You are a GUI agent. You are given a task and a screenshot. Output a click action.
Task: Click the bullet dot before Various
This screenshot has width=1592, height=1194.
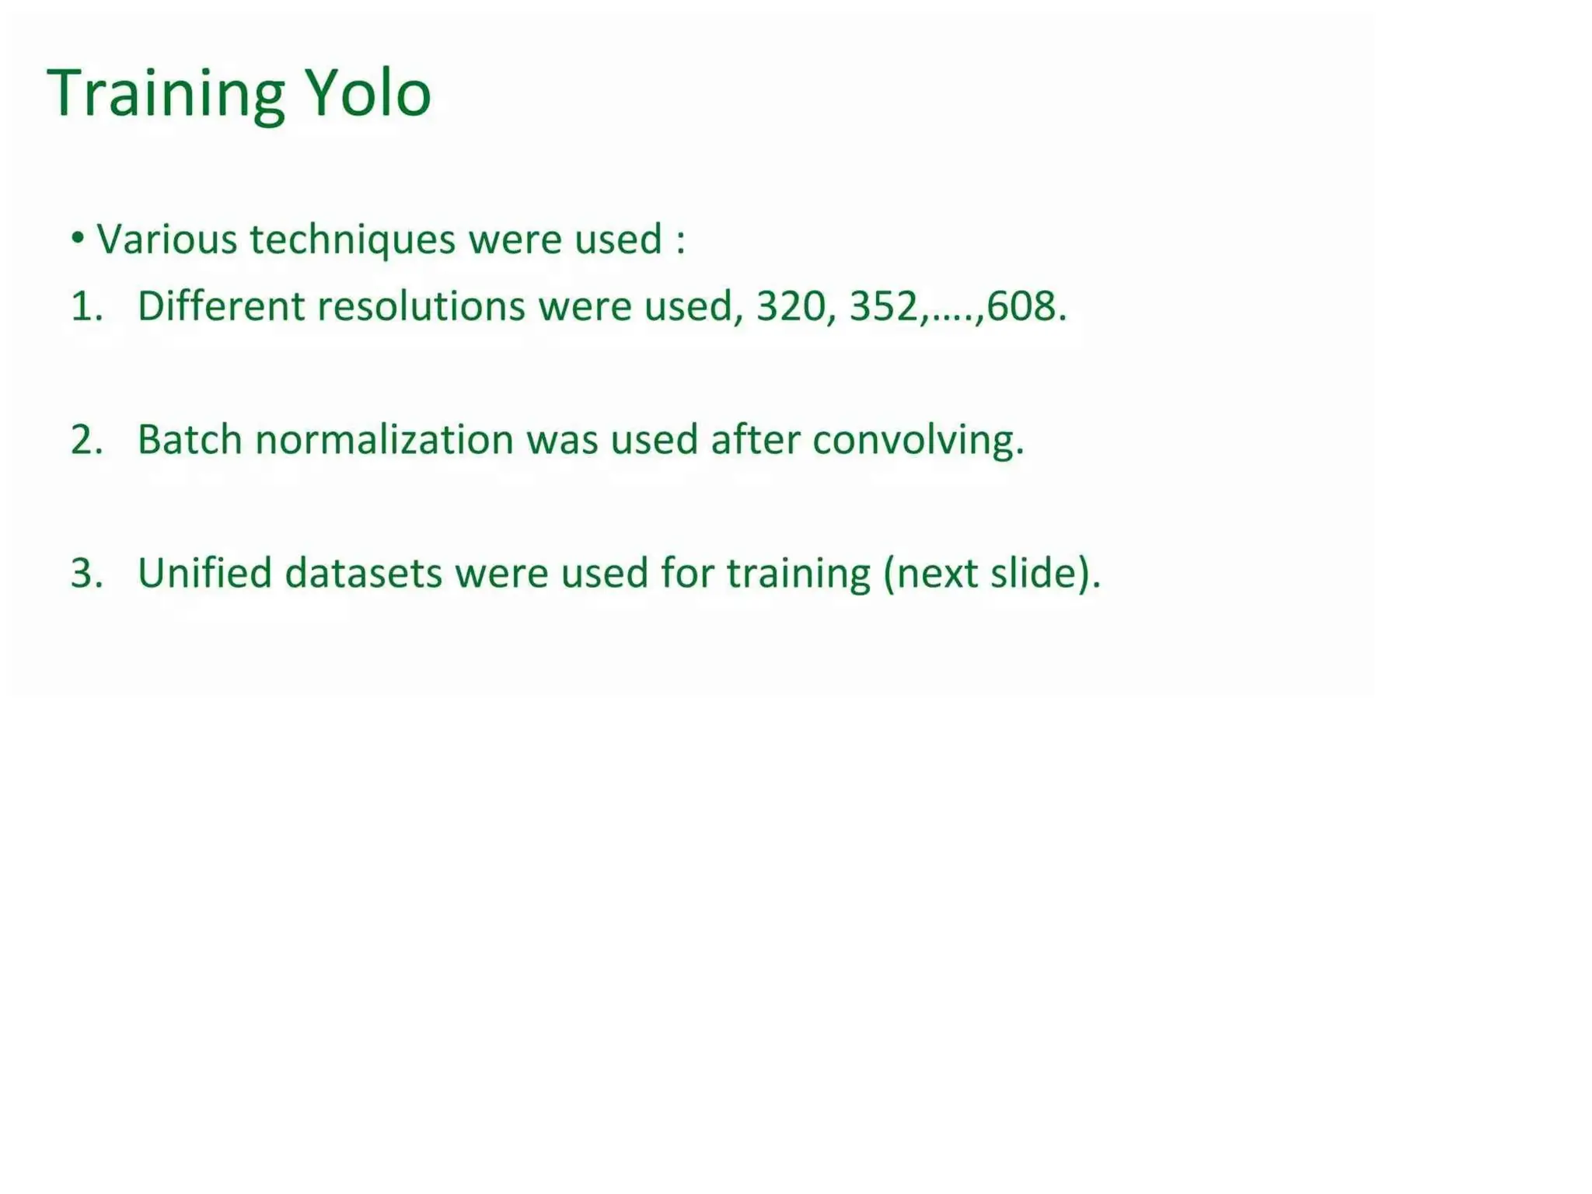(x=77, y=238)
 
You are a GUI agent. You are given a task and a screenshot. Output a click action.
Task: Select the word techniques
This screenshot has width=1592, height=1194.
(x=352, y=239)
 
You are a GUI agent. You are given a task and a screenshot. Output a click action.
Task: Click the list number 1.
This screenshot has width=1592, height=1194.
(x=85, y=305)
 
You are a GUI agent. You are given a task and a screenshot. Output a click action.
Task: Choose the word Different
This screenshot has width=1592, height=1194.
(x=221, y=305)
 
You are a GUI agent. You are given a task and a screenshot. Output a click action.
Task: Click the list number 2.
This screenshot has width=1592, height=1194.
(x=86, y=439)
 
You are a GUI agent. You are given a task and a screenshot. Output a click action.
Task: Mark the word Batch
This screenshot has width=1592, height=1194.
(x=190, y=439)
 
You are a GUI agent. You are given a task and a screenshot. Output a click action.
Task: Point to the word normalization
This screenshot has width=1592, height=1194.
(x=384, y=439)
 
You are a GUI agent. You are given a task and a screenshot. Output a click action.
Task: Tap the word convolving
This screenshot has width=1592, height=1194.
(x=917, y=441)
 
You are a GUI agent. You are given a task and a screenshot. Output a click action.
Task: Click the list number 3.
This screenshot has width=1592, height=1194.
(x=86, y=573)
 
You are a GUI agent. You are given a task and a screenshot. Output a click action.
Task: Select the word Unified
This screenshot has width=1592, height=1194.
(x=204, y=573)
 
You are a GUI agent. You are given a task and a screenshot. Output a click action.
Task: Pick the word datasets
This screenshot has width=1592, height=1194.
(x=363, y=573)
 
